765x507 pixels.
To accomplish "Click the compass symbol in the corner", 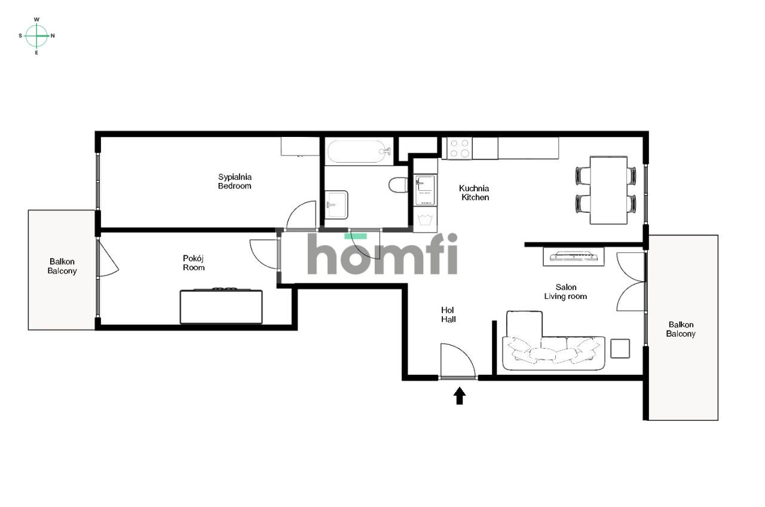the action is point(36,36).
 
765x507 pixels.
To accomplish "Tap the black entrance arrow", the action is point(460,396).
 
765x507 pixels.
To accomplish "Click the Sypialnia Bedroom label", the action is point(235,181).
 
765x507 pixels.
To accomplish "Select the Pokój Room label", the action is point(194,262).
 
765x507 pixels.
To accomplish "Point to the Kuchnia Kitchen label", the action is point(474,193).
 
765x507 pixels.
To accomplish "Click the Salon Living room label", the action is point(565,292).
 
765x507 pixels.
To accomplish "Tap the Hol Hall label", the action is point(448,314).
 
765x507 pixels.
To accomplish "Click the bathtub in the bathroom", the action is point(359,151).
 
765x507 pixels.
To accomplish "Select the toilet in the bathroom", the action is point(398,185).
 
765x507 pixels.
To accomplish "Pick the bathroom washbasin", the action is point(336,204).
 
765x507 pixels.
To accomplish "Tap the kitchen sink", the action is point(425,191).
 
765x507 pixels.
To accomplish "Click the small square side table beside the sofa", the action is point(620,349).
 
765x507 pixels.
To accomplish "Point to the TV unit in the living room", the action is point(574,256).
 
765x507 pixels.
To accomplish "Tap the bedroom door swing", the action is point(301,215).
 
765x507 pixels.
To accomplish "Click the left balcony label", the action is point(62,266).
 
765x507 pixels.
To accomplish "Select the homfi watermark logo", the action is point(382,254).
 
